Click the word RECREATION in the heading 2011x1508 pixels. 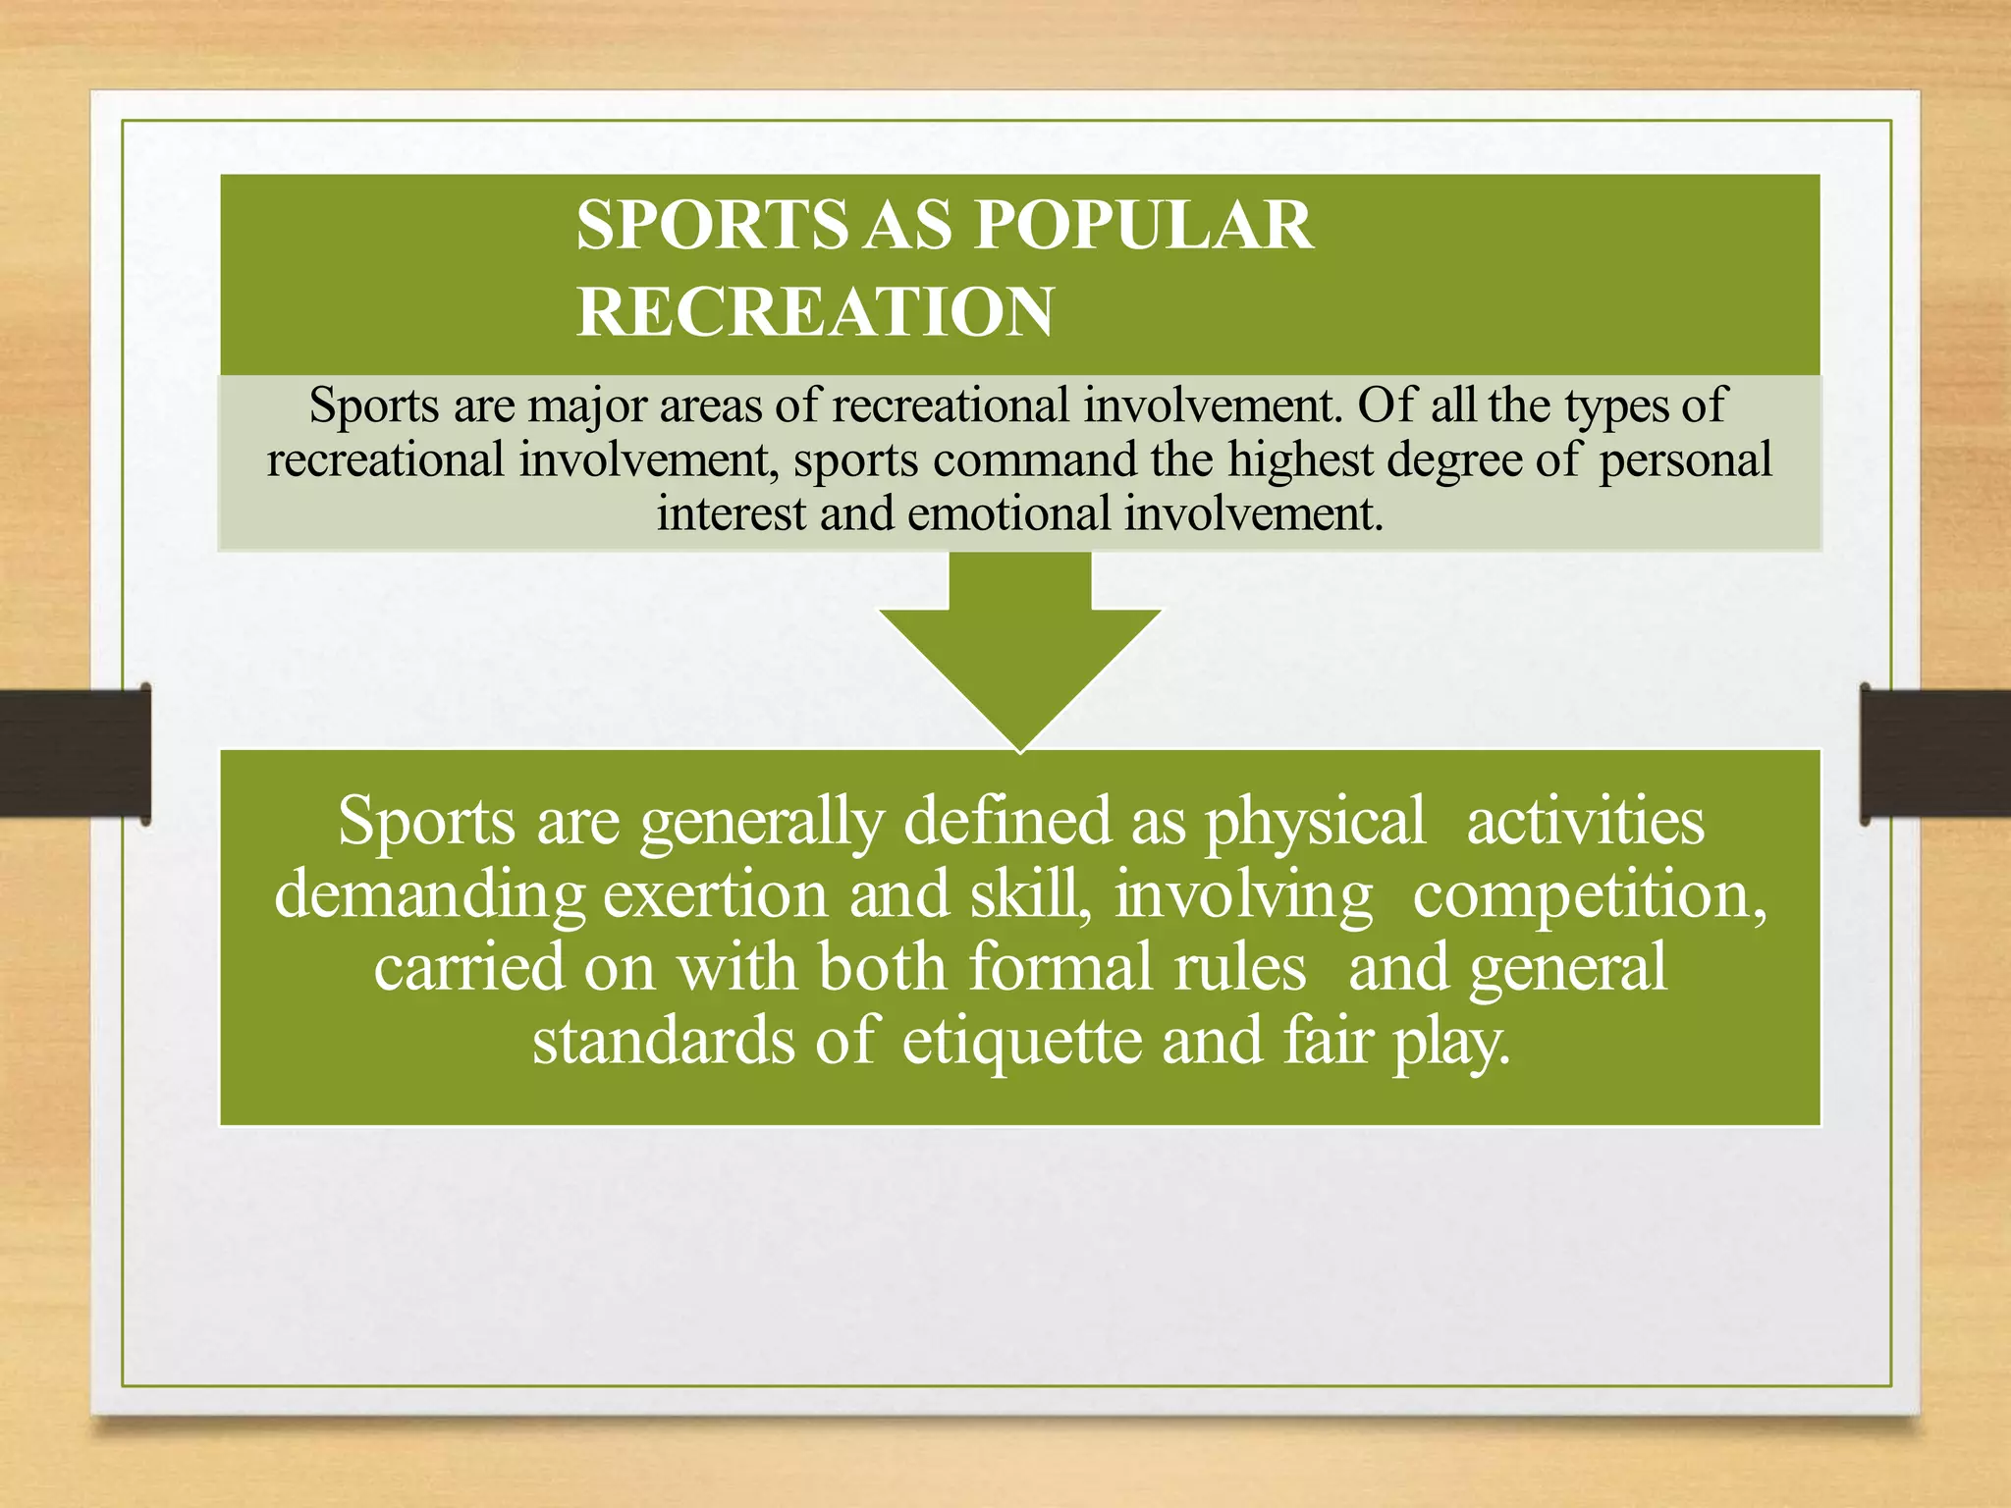coord(815,312)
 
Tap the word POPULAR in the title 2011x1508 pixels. coord(1143,226)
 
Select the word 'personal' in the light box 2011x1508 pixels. coord(1685,459)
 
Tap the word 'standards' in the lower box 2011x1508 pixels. coord(663,1041)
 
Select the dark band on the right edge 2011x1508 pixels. coord(1934,752)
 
